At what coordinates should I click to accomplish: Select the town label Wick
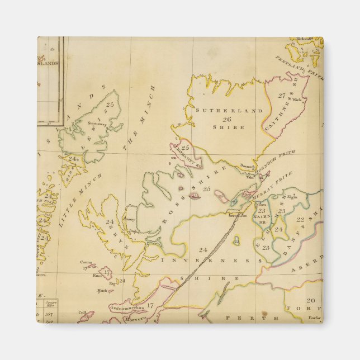296,100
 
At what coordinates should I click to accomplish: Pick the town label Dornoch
247,165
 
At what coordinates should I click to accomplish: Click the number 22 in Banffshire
300,220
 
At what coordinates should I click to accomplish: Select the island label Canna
86,262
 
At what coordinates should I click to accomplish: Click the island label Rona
132,206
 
